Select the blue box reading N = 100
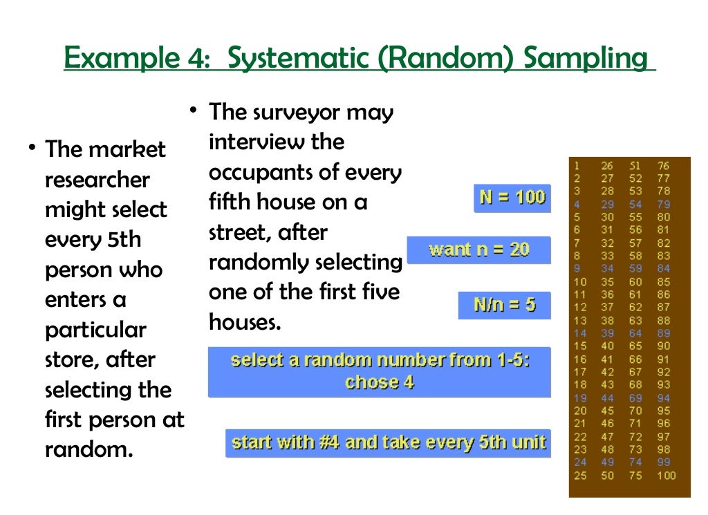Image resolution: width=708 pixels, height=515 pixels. (x=512, y=198)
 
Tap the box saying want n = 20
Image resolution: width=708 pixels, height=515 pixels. (x=478, y=250)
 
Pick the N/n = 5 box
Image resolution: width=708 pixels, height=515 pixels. (x=504, y=304)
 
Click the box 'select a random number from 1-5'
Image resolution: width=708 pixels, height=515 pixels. (x=379, y=371)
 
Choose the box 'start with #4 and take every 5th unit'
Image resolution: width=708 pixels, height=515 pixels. (x=389, y=442)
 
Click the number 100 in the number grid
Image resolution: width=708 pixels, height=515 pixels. (x=667, y=476)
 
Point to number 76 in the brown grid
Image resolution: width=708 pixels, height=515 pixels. (x=663, y=166)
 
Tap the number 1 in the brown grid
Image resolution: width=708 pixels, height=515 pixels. (x=577, y=166)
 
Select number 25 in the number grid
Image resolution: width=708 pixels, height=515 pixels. (x=579, y=476)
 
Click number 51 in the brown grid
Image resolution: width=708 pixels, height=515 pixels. (x=635, y=166)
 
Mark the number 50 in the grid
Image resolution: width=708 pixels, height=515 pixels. (x=608, y=476)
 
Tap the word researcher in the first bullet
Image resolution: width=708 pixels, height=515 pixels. (x=97, y=180)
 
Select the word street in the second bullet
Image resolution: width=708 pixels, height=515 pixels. (x=238, y=233)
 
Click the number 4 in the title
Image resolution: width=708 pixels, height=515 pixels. (x=196, y=59)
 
